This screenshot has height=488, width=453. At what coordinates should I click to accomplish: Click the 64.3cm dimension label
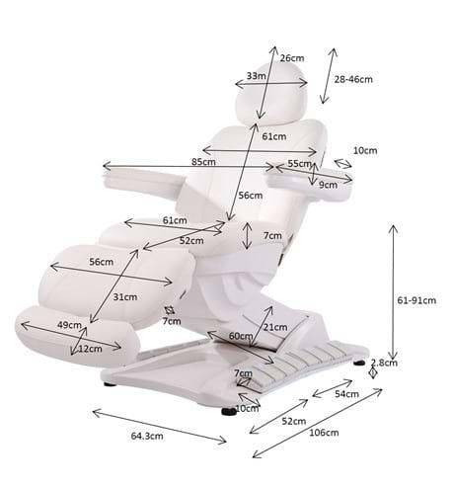(x=147, y=436)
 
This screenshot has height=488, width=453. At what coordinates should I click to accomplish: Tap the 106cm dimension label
(x=324, y=433)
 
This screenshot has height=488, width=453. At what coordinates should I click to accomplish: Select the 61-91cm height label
(x=416, y=300)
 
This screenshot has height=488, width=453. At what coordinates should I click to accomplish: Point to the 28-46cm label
(x=353, y=79)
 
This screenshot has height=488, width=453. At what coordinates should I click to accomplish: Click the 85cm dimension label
(x=203, y=162)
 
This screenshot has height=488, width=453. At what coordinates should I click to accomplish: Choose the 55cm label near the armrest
(x=299, y=163)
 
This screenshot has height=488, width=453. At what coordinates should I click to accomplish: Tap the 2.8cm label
(x=384, y=363)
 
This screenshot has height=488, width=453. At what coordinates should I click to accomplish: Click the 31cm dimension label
(x=125, y=296)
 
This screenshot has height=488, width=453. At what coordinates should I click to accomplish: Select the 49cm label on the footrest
(x=69, y=325)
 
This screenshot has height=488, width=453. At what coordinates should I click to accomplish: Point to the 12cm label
(x=90, y=349)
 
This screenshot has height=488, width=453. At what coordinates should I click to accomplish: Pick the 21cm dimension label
(x=275, y=327)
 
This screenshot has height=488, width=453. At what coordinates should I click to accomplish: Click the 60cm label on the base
(x=241, y=336)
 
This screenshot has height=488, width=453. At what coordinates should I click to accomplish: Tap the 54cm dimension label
(x=346, y=394)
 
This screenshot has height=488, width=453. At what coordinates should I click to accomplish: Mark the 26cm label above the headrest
(x=292, y=58)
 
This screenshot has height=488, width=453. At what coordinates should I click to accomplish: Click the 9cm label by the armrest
(x=328, y=185)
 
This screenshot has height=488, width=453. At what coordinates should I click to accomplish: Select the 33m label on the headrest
(x=257, y=76)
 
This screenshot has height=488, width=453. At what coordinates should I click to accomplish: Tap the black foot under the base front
(x=229, y=411)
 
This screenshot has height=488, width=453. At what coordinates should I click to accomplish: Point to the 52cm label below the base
(x=294, y=421)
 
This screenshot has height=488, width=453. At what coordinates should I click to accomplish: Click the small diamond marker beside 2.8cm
(x=373, y=373)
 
